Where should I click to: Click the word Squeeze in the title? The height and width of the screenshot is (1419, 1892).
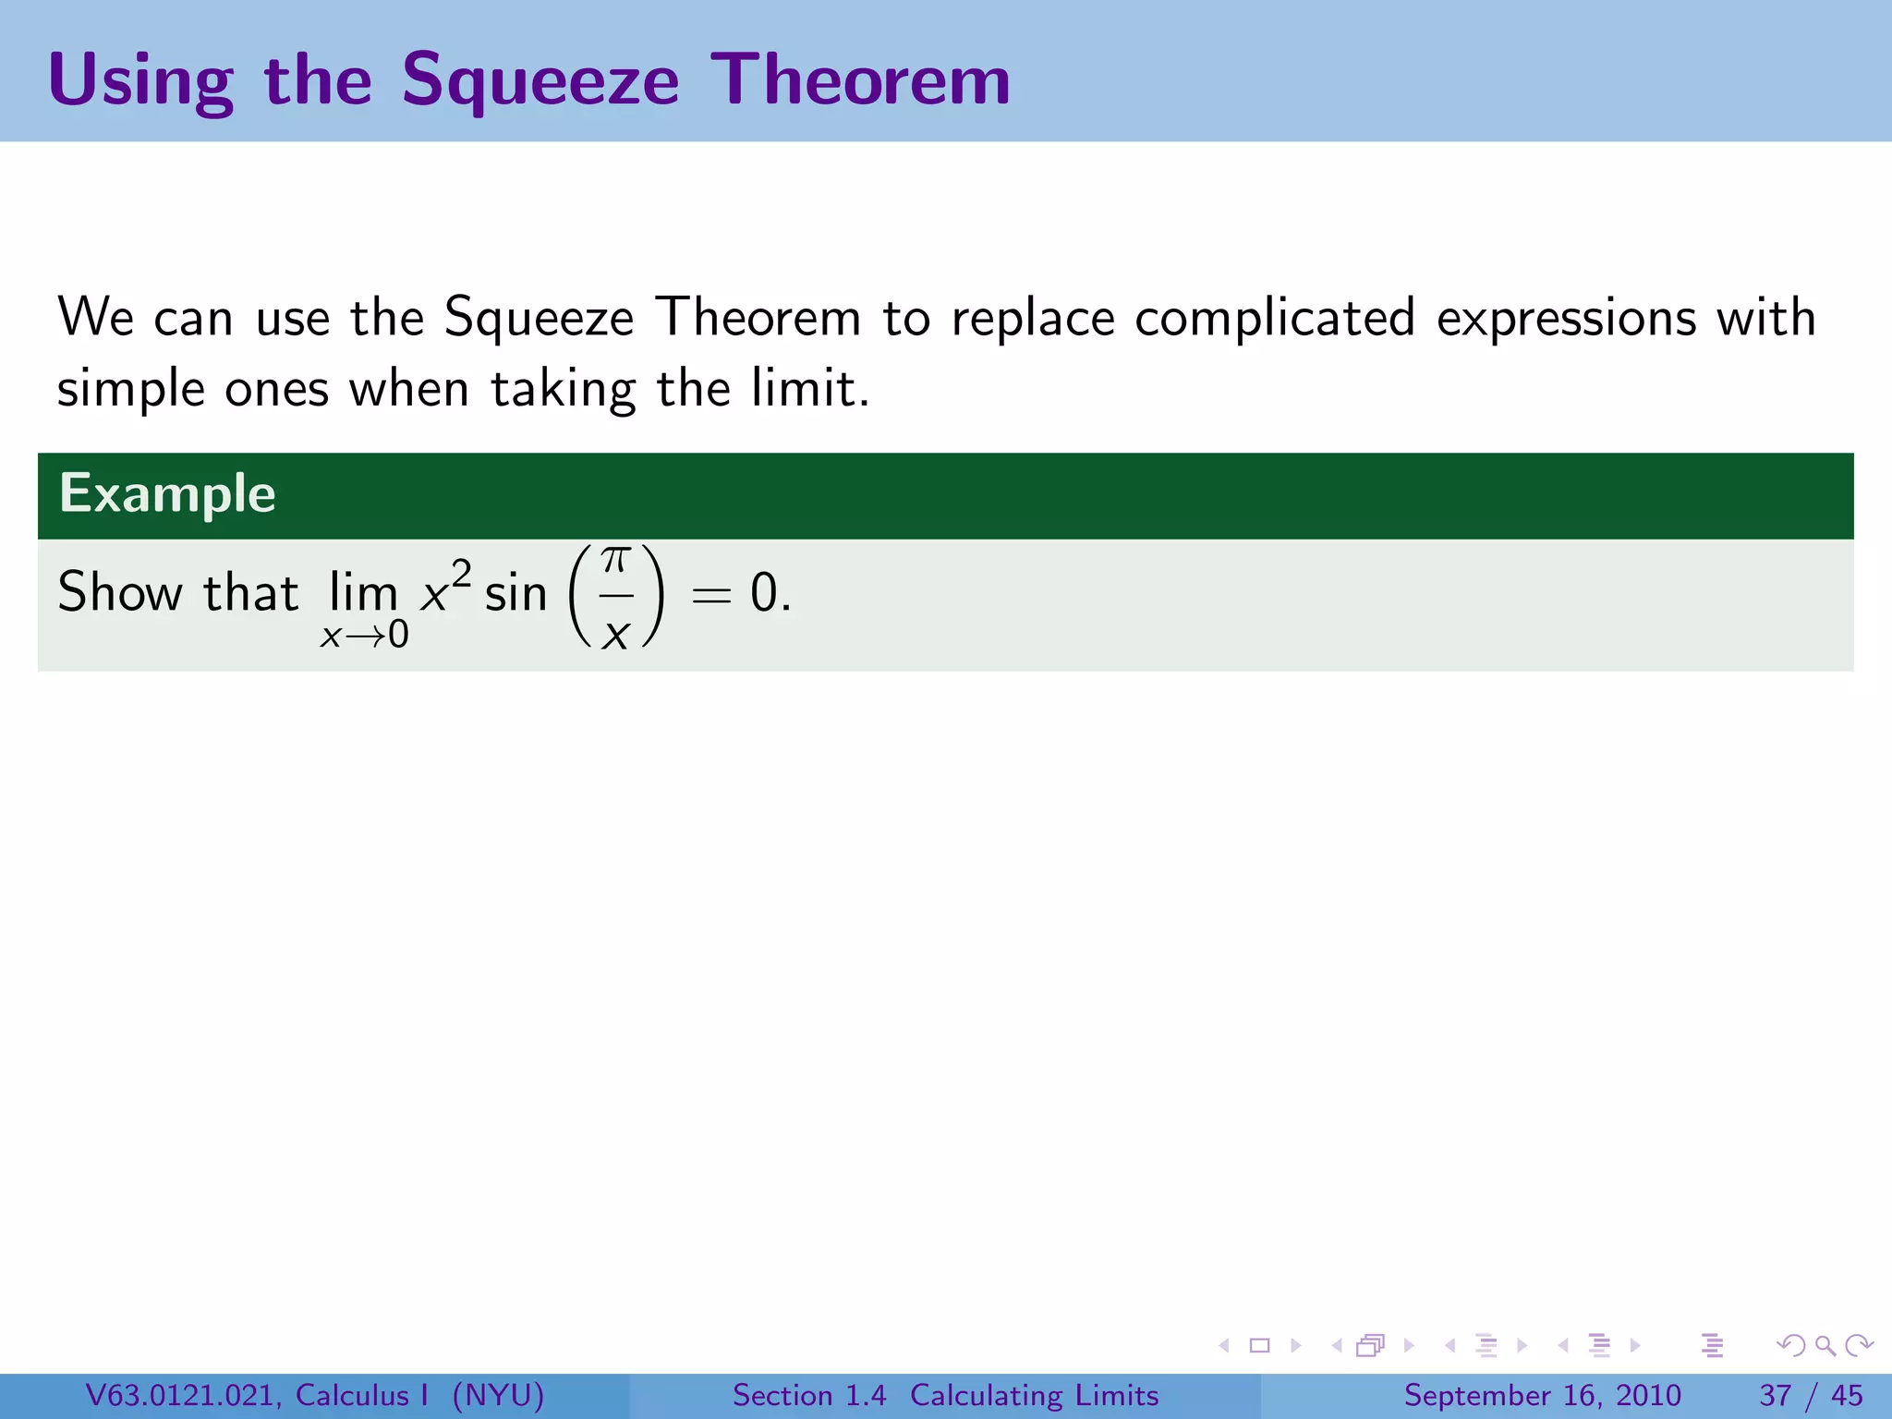[x=540, y=81]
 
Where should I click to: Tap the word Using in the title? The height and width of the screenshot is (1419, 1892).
[x=140, y=81]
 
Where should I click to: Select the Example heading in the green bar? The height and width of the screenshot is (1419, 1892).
[x=167, y=493]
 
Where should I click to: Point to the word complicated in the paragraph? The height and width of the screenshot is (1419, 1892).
[x=1275, y=319]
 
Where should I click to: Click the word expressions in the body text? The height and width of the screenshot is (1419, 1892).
[x=1567, y=319]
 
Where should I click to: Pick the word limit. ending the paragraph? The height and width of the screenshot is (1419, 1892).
[x=809, y=389]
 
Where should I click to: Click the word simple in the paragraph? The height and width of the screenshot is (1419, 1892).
[x=130, y=389]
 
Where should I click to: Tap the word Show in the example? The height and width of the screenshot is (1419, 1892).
[x=119, y=592]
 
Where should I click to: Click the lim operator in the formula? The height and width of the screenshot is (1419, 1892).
[x=363, y=592]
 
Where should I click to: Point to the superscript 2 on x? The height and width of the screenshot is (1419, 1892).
[x=461, y=573]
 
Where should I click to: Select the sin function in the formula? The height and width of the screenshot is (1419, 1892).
[x=515, y=592]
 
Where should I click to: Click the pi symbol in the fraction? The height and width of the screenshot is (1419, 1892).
[x=616, y=560]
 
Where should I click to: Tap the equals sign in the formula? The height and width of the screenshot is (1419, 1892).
[x=711, y=595]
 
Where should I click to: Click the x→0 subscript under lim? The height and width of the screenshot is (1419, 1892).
[x=364, y=636]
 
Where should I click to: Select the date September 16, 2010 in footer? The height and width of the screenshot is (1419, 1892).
[x=1542, y=1395]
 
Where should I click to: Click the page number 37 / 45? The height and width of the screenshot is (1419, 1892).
[x=1811, y=1395]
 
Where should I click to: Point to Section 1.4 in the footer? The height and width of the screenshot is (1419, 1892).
[x=808, y=1395]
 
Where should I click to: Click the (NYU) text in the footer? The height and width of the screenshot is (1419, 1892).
[x=498, y=1395]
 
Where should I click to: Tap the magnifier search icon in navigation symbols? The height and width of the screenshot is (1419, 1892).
[x=1825, y=1346]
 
